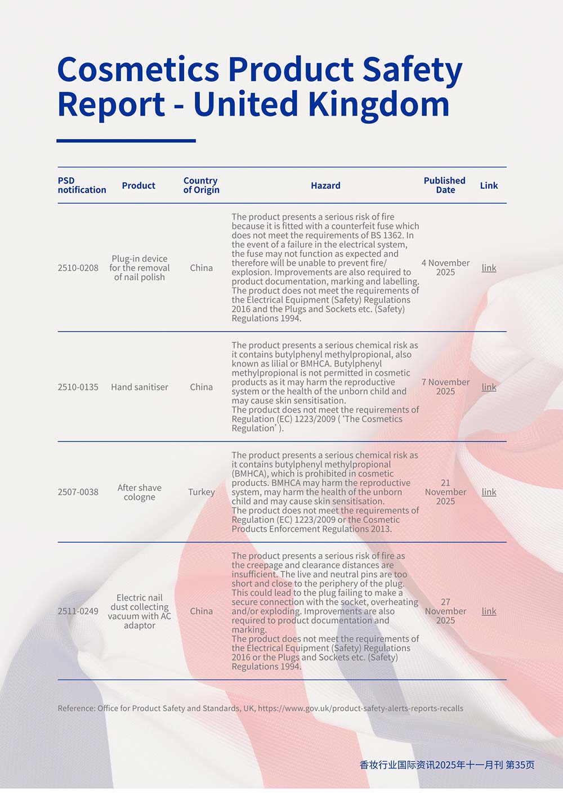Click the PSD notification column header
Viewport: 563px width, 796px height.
click(82, 185)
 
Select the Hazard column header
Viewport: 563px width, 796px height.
click(325, 185)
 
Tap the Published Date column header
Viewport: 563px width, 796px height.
click(444, 185)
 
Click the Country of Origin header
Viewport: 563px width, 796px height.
click(201, 185)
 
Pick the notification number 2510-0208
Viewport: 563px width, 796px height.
click(78, 268)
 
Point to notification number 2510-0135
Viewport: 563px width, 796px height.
click(78, 387)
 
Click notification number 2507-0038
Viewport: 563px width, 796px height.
click(78, 492)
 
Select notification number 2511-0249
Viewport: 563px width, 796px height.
click(78, 611)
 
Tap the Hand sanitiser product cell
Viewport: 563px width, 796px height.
click(139, 387)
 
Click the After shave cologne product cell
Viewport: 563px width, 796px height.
click(139, 493)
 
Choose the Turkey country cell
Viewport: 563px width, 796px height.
click(201, 492)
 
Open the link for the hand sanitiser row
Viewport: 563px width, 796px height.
click(489, 387)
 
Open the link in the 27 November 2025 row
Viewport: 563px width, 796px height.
click(489, 611)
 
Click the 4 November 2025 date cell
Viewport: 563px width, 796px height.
click(445, 267)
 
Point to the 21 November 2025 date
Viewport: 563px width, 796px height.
click(445, 492)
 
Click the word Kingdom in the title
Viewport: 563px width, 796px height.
click(378, 105)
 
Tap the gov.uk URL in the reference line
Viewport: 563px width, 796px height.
click(360, 708)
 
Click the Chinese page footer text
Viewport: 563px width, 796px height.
click(446, 765)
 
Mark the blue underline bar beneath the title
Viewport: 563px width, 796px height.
click(126, 141)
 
